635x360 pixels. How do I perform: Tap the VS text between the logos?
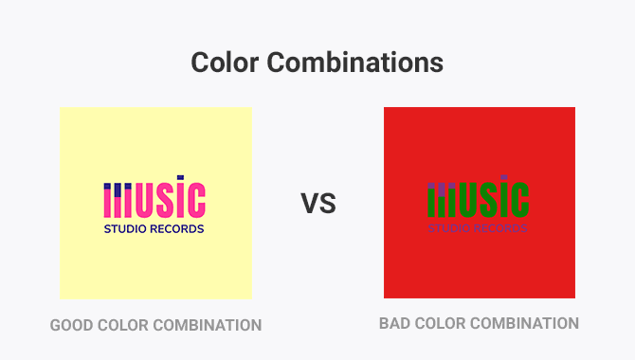[x=318, y=203]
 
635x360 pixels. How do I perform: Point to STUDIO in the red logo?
[x=450, y=228]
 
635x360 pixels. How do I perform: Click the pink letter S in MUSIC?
[x=168, y=202]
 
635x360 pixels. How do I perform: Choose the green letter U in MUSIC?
[x=473, y=202]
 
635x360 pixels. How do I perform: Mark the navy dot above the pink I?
[x=182, y=179]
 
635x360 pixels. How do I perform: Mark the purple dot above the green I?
[x=506, y=179]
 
